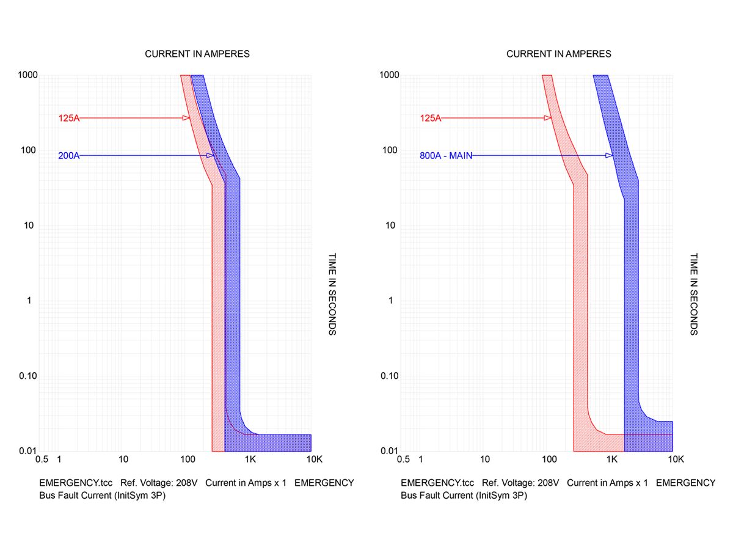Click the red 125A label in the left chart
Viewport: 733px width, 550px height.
(x=68, y=118)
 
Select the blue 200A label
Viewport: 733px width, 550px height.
(x=68, y=156)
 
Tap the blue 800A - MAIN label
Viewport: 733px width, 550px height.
(x=446, y=156)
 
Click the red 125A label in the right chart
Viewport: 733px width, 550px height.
(x=430, y=118)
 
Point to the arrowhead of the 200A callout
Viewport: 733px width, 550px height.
(x=210, y=156)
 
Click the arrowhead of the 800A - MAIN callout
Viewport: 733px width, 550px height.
(x=609, y=156)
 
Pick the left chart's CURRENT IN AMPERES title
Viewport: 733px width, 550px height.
(x=197, y=54)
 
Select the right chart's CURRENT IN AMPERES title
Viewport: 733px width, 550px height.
(x=559, y=54)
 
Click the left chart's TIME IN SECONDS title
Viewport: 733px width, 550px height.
(x=332, y=295)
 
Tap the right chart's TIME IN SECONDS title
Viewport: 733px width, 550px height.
(x=694, y=295)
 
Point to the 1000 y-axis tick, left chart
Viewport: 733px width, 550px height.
(x=27, y=75)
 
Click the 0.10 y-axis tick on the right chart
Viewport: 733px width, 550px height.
(x=389, y=376)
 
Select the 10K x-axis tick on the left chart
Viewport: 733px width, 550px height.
(x=313, y=458)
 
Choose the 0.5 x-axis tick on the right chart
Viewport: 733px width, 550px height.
(x=403, y=458)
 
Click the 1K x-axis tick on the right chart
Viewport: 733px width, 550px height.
(x=611, y=458)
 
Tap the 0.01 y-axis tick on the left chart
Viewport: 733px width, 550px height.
(x=27, y=451)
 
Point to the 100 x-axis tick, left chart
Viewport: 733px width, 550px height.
(x=187, y=458)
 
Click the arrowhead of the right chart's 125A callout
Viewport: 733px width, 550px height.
(x=548, y=118)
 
